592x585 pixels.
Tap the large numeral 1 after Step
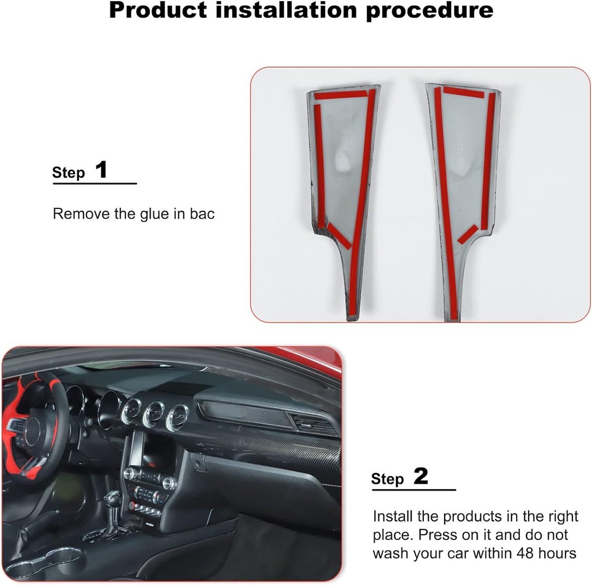pos(101,171)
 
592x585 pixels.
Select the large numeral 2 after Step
pos(420,477)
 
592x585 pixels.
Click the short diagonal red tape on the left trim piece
pos(339,234)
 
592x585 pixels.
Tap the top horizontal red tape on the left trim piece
pos(340,94)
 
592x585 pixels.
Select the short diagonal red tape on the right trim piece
pos(467,234)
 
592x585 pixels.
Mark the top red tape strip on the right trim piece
pos(464,92)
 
